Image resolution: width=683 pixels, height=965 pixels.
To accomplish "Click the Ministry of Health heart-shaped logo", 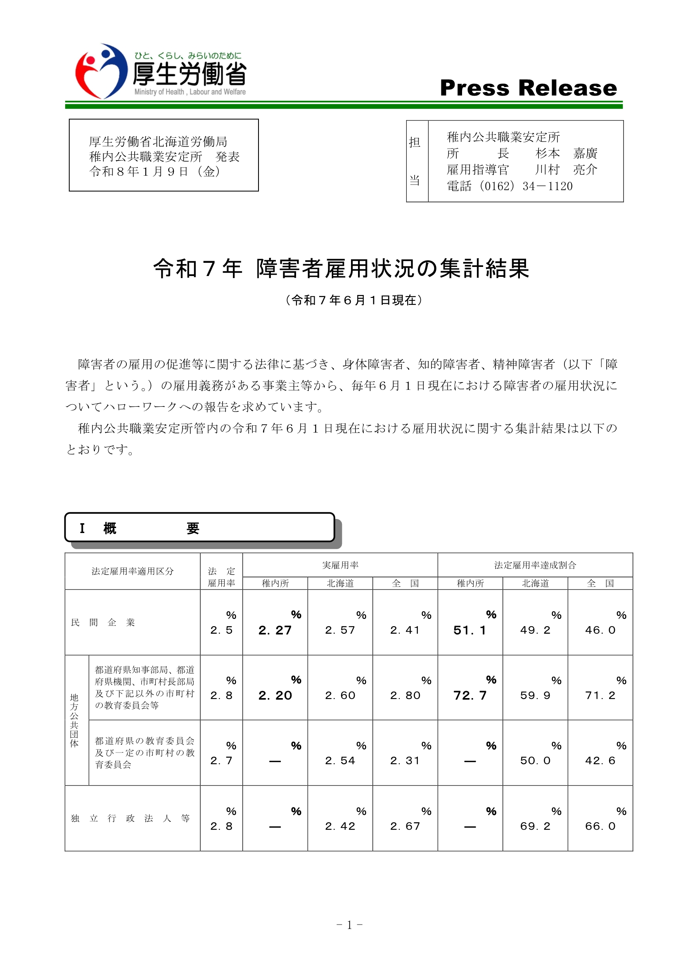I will (x=101, y=71).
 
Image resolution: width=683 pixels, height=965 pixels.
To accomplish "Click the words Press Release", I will (x=528, y=88).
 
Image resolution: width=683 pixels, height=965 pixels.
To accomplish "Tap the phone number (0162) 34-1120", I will (x=509, y=186).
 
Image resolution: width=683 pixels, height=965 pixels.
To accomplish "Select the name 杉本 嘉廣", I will (x=566, y=153).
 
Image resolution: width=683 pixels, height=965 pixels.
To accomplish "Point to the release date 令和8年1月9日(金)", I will (x=155, y=172).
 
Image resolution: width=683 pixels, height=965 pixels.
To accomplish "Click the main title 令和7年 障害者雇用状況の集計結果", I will (x=341, y=269).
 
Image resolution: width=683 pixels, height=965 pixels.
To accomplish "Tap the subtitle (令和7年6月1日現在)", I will (x=353, y=300).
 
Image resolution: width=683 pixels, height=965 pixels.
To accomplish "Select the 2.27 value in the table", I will (x=275, y=630).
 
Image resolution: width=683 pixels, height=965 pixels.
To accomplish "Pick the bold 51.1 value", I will (x=470, y=630).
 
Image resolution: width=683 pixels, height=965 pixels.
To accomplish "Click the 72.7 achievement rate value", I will (x=470, y=696).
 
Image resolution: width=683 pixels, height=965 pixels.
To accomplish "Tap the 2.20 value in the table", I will (x=275, y=696).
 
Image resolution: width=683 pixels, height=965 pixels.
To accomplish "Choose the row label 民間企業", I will (x=103, y=623).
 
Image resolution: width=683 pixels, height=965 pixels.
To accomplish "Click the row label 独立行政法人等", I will (x=130, y=818).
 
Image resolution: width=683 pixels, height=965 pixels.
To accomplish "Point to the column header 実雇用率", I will (x=340, y=565).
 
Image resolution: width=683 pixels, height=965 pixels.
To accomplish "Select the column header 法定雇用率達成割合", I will (x=535, y=565).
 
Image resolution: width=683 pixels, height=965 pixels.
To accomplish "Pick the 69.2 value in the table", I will (x=535, y=826).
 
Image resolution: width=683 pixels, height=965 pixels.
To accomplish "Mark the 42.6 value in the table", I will (x=600, y=761).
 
